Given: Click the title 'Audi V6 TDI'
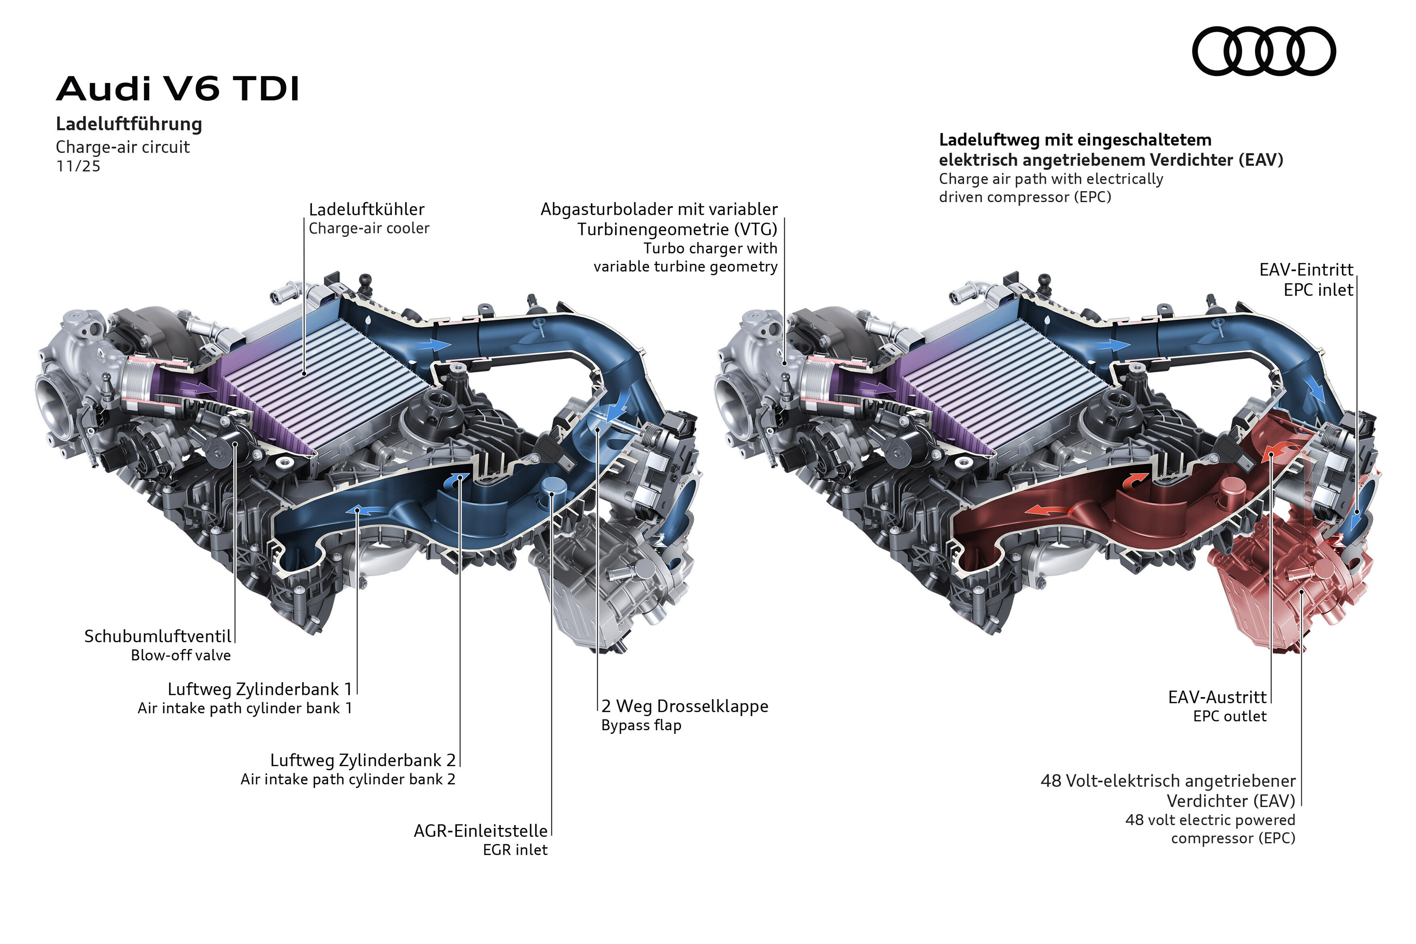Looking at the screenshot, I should (177, 89).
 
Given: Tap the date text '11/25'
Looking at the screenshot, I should (78, 166).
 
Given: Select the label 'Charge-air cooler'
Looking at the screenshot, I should (369, 228).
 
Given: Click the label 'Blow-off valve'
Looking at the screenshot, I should (181, 656).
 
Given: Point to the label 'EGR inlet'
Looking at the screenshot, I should (515, 850).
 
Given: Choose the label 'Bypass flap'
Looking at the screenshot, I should (641, 725).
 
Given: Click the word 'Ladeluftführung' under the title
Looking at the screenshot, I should (129, 124).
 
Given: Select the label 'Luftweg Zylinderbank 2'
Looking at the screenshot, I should (362, 760).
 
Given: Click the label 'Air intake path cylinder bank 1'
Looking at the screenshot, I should (244, 708).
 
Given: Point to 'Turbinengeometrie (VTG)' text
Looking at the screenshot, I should (677, 229).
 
